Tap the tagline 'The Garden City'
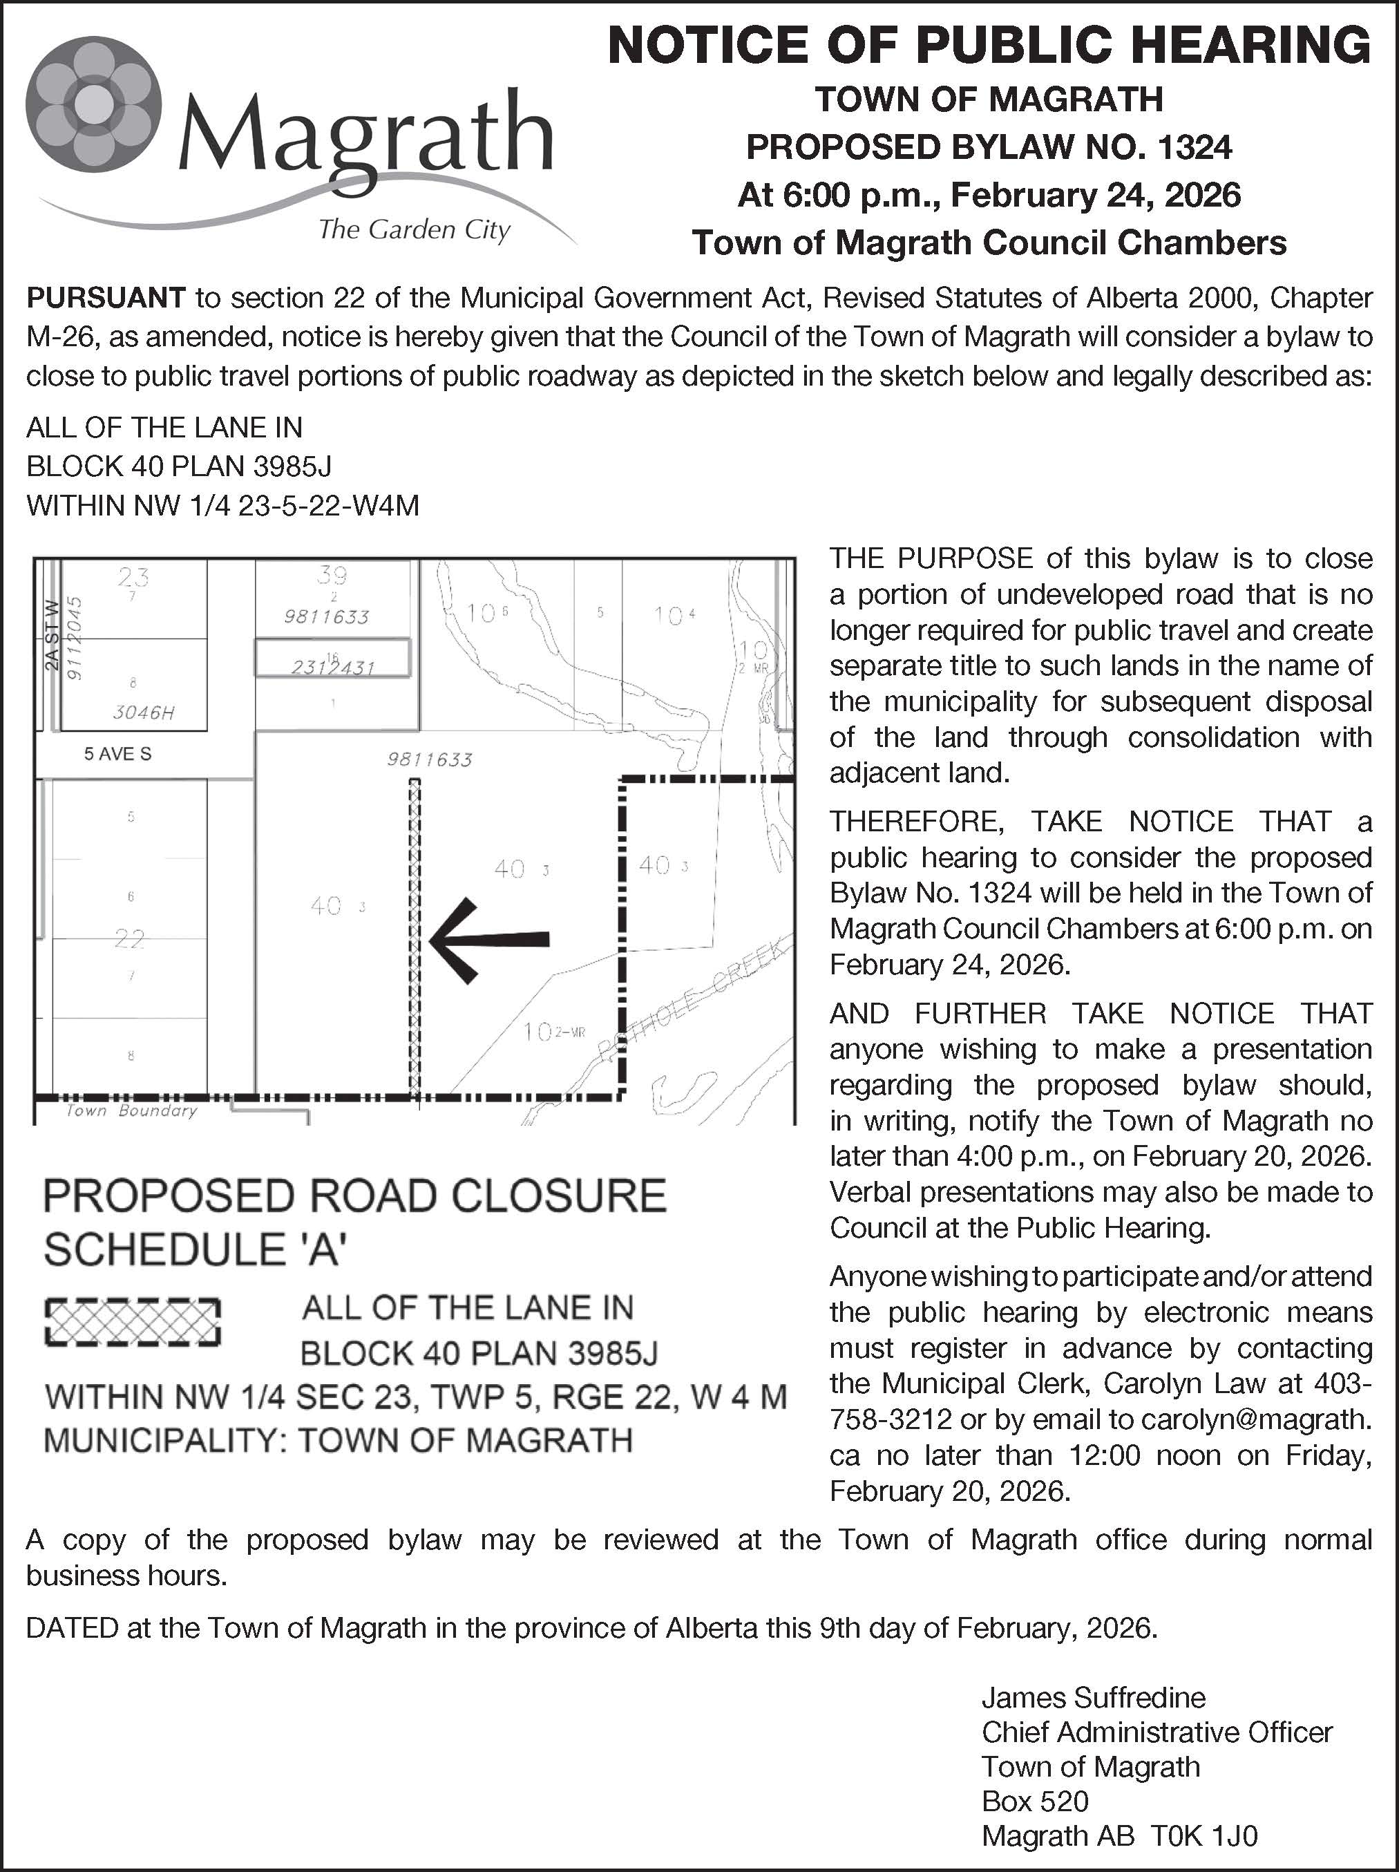click(x=414, y=229)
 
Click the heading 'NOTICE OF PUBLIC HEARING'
click(x=989, y=45)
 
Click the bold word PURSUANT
click(x=106, y=298)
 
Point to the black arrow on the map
click(x=489, y=938)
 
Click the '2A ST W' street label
click(x=53, y=635)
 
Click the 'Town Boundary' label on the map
click(x=131, y=1111)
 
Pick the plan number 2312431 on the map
click(x=332, y=668)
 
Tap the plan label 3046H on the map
click(x=144, y=712)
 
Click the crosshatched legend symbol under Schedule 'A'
click(x=132, y=1322)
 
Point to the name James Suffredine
click(x=1094, y=1698)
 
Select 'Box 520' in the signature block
click(x=1034, y=1801)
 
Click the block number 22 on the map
click(x=131, y=938)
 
